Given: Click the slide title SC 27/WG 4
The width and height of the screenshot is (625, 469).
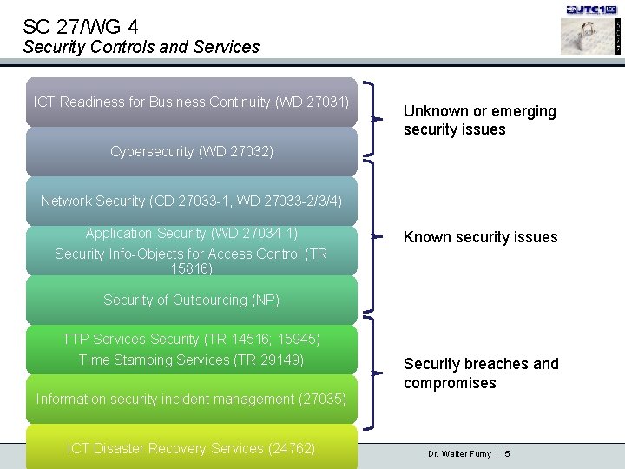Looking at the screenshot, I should point(81,26).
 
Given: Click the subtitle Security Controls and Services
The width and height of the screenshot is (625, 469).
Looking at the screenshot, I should point(141,47).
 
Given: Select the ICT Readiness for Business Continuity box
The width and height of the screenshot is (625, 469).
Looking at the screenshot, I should point(191,102).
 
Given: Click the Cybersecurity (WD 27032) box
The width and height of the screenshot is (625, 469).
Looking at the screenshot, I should point(191,152).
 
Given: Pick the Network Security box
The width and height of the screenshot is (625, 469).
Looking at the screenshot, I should point(191,201).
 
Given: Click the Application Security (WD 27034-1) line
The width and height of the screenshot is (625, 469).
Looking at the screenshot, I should point(191,233).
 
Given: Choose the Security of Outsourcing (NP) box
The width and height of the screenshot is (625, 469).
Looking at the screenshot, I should point(191,300).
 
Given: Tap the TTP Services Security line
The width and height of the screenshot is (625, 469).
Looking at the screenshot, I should point(191,339).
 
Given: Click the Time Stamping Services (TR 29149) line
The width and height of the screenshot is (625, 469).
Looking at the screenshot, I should point(191,360).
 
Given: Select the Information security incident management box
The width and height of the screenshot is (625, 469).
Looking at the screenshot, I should point(191,399).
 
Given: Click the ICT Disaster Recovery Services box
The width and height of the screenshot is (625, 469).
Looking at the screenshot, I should point(191,448).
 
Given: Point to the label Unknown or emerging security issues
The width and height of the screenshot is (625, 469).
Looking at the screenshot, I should point(479,120).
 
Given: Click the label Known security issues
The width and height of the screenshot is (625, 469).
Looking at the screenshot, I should point(480,237).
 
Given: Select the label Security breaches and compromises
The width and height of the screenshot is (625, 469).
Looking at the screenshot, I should point(481,373).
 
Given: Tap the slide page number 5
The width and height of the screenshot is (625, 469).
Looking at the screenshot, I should point(507,454).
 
